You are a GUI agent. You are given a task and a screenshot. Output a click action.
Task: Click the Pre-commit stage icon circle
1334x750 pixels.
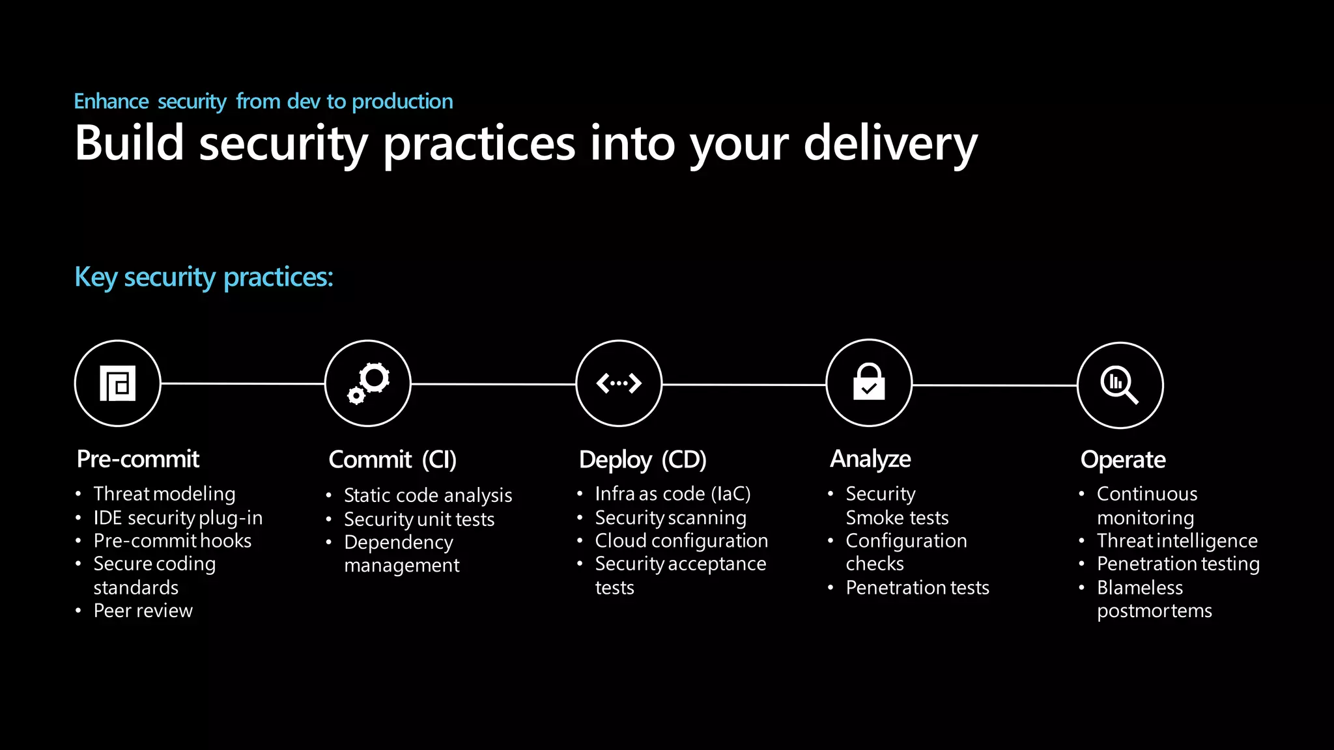click(117, 383)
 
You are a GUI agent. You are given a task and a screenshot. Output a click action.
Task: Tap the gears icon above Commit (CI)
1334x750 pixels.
click(368, 383)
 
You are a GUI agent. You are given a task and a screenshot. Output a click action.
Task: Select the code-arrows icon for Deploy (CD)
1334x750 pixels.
click(619, 383)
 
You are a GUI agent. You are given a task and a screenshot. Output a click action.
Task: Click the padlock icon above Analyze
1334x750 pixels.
click(869, 383)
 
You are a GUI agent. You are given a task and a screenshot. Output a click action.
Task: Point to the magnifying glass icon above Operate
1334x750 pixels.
click(1120, 385)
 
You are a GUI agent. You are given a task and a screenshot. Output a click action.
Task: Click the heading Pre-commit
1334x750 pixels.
click(138, 459)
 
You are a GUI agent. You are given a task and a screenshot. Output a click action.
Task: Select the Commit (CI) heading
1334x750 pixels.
click(392, 460)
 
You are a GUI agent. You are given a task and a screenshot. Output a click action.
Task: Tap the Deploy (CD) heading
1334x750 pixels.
click(642, 460)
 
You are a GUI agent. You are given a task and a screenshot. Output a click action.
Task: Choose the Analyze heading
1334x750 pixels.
click(870, 459)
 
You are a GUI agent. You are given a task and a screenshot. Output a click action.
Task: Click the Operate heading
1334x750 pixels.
click(1123, 460)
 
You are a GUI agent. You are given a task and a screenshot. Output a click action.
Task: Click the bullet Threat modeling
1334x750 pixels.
click(164, 494)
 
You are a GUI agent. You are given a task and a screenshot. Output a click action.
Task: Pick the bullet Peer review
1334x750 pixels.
click(143, 611)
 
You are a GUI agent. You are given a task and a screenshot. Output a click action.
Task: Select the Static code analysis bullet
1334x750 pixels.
click(428, 495)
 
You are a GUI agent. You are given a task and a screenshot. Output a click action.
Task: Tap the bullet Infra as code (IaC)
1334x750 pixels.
click(672, 494)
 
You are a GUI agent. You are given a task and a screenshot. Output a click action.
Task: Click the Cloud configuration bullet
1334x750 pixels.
click(681, 541)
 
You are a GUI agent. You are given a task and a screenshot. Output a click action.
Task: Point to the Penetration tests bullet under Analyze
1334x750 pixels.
click(917, 588)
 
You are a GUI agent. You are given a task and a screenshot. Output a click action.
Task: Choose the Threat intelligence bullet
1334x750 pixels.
click(1177, 541)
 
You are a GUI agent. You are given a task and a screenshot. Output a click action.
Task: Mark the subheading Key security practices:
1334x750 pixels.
click(204, 277)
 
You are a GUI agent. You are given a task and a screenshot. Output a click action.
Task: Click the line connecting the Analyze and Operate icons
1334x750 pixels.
click(994, 385)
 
